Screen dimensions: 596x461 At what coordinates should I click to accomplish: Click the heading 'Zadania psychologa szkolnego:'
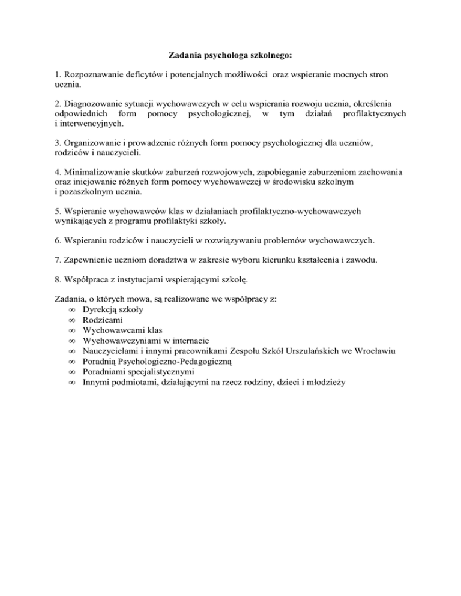230,56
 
